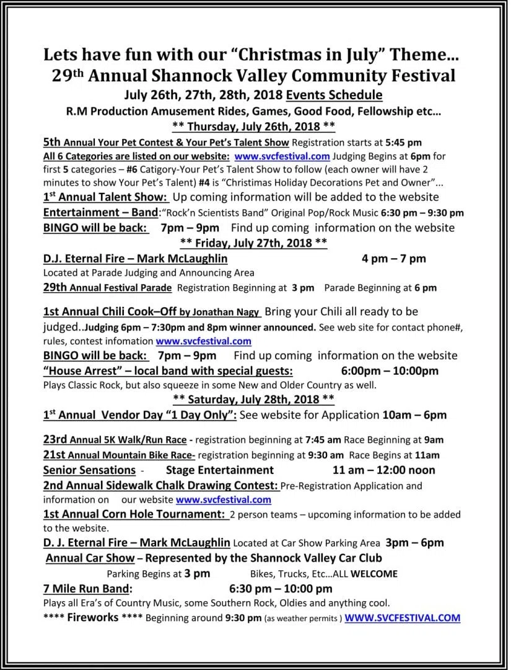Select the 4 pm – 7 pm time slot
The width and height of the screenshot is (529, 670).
click(393, 258)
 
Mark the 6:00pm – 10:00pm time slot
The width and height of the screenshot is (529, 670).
click(390, 371)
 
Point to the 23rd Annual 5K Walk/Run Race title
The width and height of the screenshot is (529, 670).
click(115, 440)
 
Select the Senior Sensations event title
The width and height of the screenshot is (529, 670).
click(89, 470)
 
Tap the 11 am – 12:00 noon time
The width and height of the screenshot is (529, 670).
click(383, 470)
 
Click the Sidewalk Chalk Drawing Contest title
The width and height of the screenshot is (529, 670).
click(160, 485)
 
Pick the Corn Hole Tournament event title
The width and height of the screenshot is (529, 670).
click(134, 514)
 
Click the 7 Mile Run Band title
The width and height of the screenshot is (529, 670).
click(87, 588)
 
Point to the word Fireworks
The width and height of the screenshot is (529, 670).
click(92, 617)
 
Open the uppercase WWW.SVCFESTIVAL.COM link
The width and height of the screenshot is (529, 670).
click(402, 617)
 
